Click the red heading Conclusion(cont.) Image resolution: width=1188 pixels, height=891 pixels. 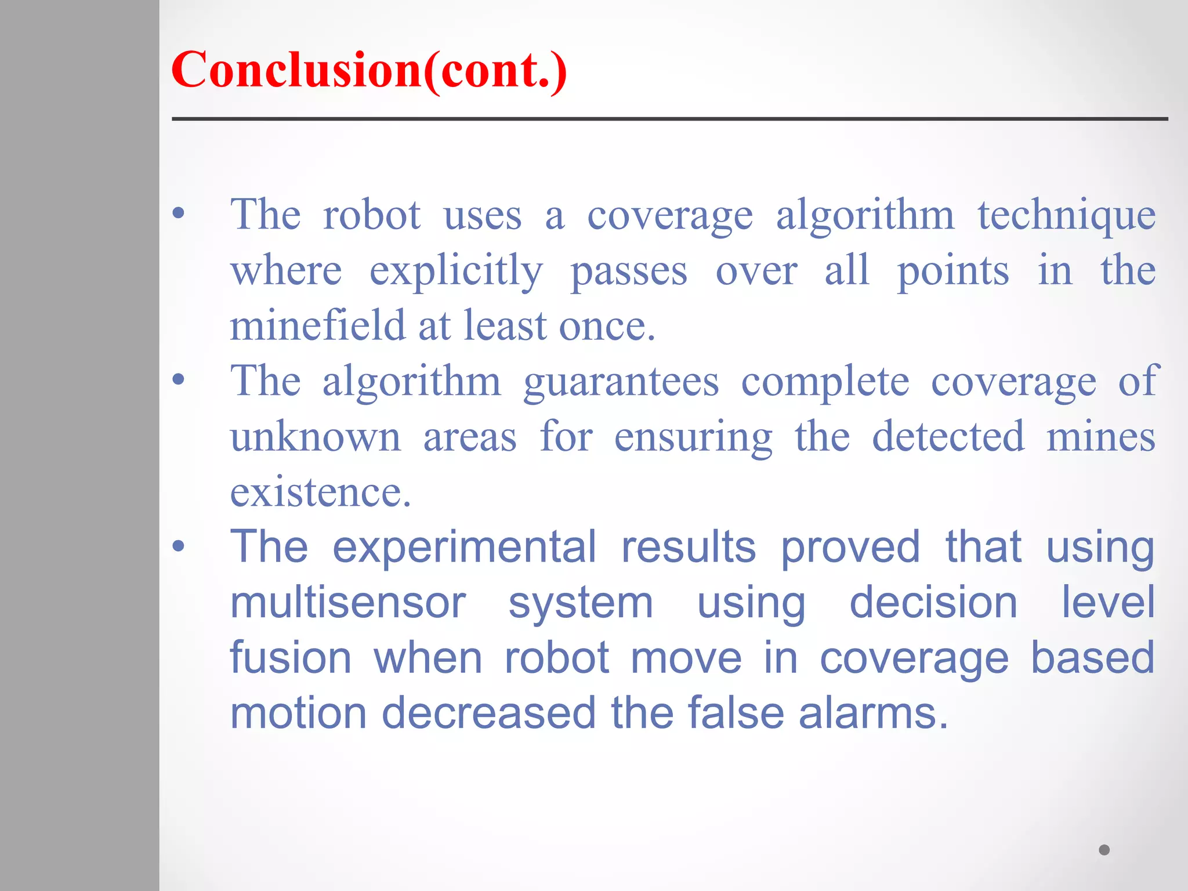[369, 70]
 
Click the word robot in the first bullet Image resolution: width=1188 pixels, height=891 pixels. [371, 215]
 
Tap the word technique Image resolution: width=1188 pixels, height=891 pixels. [1066, 215]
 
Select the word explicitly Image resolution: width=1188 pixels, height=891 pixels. [456, 271]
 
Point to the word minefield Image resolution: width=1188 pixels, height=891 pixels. [317, 325]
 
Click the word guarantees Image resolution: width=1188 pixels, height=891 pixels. [621, 382]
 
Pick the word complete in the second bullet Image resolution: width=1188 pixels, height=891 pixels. [825, 382]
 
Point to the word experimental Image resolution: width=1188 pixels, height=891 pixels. [464, 547]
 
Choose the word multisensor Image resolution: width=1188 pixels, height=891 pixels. [348, 603]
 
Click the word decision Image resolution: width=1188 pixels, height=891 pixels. [933, 603]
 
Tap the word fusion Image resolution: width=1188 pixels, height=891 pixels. [291, 658]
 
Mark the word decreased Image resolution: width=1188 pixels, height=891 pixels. [488, 713]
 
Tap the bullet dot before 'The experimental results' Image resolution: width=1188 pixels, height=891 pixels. [179, 546]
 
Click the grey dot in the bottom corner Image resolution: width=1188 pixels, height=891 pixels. [1104, 850]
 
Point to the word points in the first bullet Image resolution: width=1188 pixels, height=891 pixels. [953, 271]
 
